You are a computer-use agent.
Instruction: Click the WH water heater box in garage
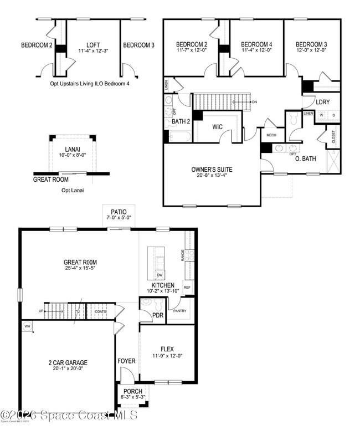point(27,326)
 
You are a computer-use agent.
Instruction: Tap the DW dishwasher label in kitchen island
point(160,275)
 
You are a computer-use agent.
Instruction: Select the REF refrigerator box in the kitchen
point(187,287)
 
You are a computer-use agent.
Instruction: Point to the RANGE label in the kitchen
point(182,255)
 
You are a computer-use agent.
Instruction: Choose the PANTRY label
point(179,310)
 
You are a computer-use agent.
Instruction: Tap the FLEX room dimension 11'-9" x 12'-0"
point(167,356)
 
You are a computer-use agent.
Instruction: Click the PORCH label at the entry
point(133,391)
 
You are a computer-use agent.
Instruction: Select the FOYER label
point(126,361)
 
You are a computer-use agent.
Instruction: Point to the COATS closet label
point(100,311)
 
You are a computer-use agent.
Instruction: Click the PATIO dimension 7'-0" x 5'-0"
point(119,218)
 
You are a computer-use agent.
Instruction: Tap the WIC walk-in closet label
point(218,127)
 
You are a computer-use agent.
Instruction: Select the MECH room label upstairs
point(271,135)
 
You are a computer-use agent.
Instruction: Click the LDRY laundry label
point(323,102)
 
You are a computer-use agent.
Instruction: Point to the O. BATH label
point(305,159)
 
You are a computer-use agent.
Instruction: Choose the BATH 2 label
point(181,121)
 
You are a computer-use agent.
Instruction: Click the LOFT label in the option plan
point(93,45)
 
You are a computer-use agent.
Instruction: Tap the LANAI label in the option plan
point(73,149)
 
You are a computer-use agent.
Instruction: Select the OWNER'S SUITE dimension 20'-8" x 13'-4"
point(212,176)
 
